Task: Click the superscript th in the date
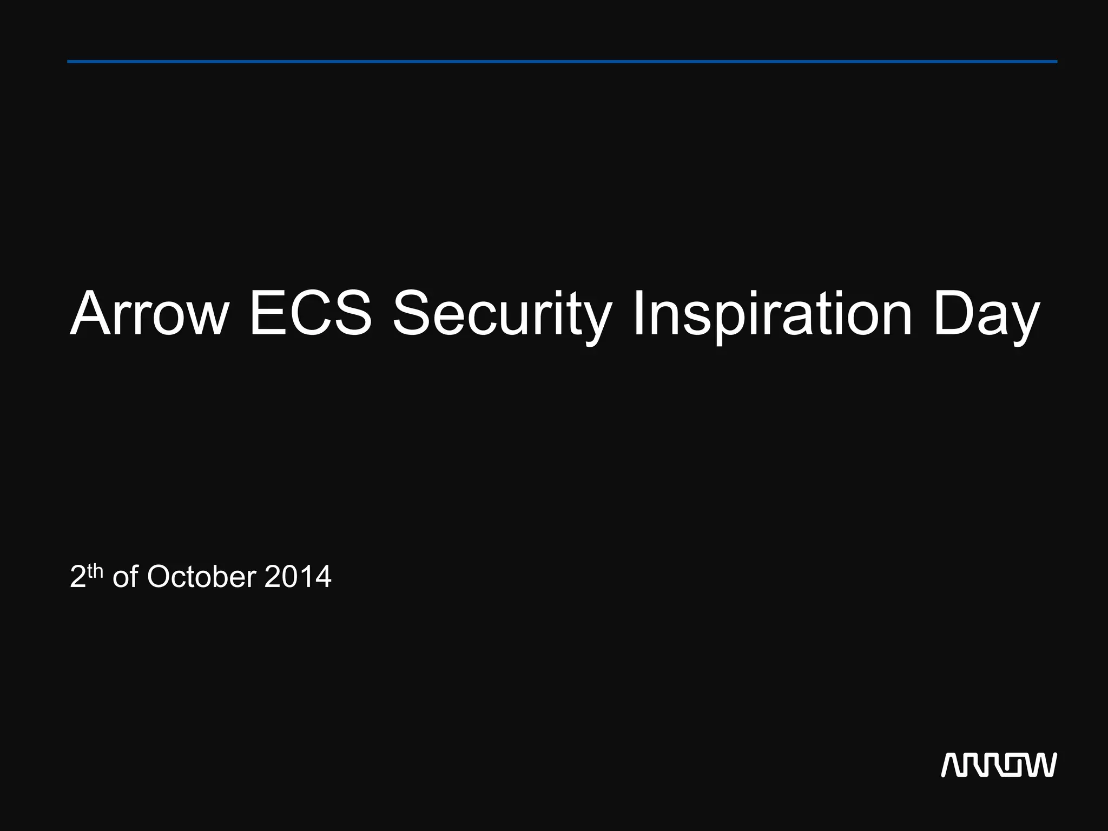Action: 95,571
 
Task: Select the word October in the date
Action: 201,577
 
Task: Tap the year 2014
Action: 298,577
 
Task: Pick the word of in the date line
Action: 125,577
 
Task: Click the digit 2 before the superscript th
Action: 78,577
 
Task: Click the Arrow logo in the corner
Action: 999,764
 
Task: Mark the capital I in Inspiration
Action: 638,314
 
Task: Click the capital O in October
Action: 159,577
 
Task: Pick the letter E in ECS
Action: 269,314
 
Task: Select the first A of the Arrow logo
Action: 953,764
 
